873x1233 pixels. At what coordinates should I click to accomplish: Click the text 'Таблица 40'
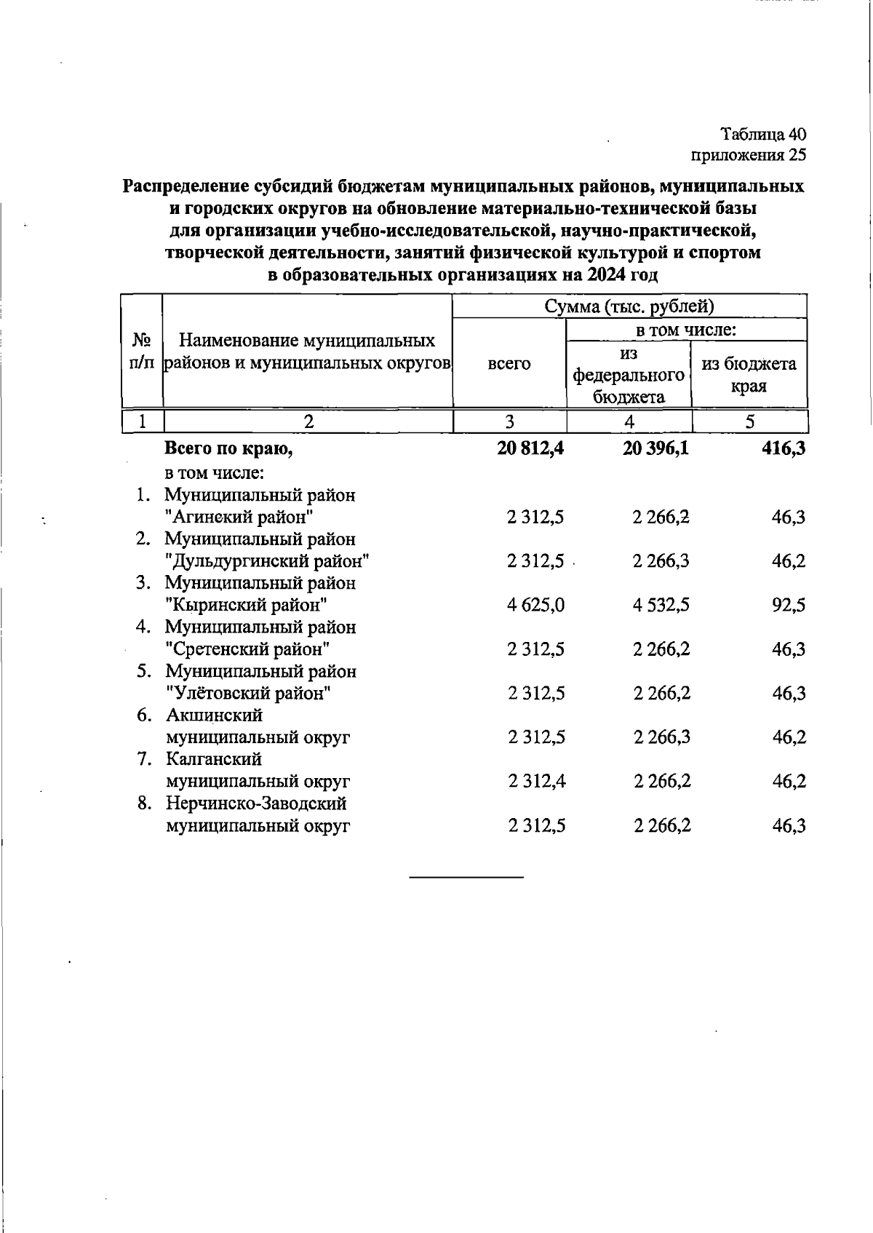pos(763,135)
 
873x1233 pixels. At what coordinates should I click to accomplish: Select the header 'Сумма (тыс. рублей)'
pos(629,306)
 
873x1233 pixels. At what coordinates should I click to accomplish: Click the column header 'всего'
pos(509,363)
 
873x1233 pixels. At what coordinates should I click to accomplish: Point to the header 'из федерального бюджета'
pos(629,375)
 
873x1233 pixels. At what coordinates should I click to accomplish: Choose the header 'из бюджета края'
pos(749,374)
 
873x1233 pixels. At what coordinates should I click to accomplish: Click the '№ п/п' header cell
pos(143,352)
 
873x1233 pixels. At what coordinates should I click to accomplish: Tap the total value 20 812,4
pos(531,449)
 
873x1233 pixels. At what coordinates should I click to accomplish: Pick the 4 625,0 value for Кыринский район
pos(536,606)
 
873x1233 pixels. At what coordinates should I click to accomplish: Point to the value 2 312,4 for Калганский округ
pos(536,782)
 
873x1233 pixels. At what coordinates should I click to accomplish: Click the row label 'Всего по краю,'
pos(229,449)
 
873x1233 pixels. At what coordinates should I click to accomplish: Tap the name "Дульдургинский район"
pos(268,561)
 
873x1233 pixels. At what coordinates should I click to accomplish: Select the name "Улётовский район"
pos(248,694)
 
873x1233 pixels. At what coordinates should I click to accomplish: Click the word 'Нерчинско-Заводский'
pos(256,804)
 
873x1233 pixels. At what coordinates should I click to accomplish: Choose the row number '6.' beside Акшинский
pos(143,715)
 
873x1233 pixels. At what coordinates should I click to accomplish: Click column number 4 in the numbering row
pos(629,421)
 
